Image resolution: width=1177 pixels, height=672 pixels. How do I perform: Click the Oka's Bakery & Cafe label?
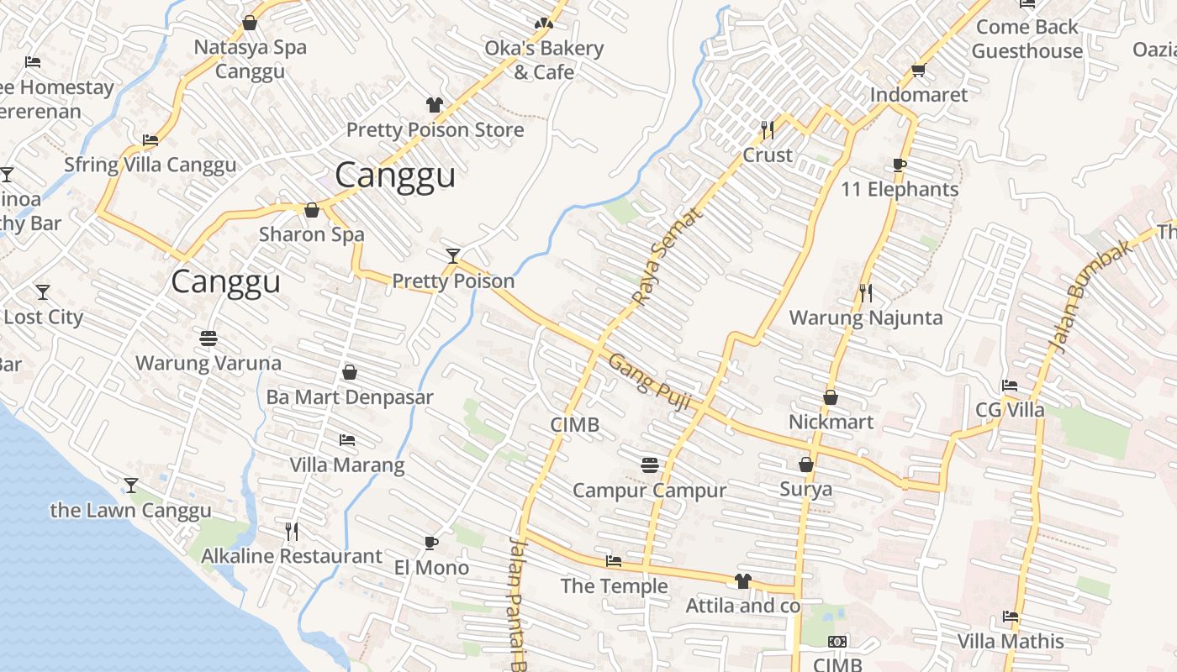pyautogui.click(x=544, y=60)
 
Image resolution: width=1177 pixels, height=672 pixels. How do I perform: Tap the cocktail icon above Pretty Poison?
pyautogui.click(x=453, y=255)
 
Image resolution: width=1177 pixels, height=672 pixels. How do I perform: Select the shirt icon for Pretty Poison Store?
pyautogui.click(x=434, y=105)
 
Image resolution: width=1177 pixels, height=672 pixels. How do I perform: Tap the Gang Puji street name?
pyautogui.click(x=649, y=381)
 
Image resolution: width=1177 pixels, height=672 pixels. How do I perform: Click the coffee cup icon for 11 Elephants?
pyautogui.click(x=900, y=165)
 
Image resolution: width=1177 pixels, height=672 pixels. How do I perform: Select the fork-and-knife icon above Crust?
pyautogui.click(x=768, y=129)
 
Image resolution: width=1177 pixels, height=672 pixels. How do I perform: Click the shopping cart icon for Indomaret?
pyautogui.click(x=918, y=70)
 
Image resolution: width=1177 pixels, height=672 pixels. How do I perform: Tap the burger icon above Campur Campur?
pyautogui.click(x=649, y=465)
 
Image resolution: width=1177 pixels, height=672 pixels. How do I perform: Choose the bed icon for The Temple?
pyautogui.click(x=614, y=561)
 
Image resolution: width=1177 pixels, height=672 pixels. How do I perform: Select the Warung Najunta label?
pyautogui.click(x=865, y=318)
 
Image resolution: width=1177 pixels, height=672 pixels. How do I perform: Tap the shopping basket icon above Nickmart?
pyautogui.click(x=831, y=396)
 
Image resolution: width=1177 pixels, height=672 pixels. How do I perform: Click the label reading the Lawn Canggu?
pyautogui.click(x=130, y=510)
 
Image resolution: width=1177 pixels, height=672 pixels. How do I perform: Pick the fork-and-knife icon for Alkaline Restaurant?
pyautogui.click(x=292, y=531)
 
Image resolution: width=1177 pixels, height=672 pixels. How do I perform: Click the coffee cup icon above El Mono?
pyautogui.click(x=431, y=543)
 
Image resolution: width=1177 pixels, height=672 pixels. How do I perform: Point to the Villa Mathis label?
pyautogui.click(x=1010, y=641)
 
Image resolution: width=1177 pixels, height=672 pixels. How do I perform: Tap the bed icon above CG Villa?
pyautogui.click(x=1010, y=386)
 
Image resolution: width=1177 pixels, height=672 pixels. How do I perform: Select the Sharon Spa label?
pyautogui.click(x=311, y=234)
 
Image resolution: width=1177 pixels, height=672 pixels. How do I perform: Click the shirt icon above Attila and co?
pyautogui.click(x=742, y=580)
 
